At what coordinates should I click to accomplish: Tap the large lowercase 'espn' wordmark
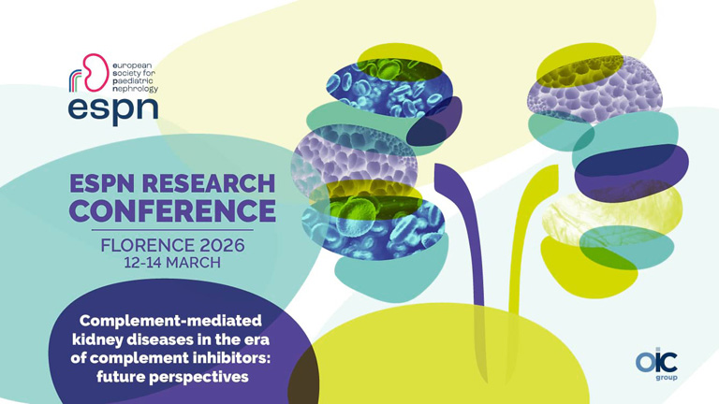coord(112,108)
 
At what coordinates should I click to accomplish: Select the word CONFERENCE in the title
coord(174,210)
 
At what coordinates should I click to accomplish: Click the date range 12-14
coord(143,263)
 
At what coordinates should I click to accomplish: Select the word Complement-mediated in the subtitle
coord(171,319)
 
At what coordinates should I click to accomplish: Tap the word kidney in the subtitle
coord(105,339)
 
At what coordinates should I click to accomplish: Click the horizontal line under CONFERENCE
coord(174,229)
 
